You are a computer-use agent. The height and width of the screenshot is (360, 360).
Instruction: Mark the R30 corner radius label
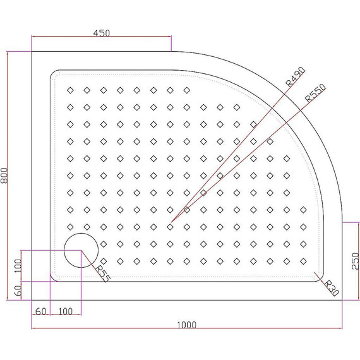(330, 287)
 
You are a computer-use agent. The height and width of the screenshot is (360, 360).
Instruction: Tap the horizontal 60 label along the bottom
(40, 312)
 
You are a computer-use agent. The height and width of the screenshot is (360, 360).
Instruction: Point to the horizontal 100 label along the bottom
(64, 312)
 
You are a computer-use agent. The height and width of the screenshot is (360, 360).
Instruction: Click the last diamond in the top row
(186, 90)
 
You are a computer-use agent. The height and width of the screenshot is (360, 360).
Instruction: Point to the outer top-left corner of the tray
(32, 52)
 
